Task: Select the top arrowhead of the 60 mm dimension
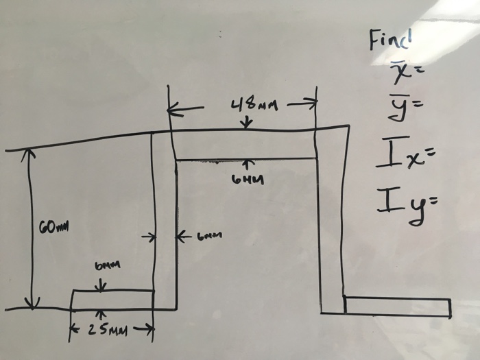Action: (28, 155)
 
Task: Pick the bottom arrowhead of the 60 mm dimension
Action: (32, 303)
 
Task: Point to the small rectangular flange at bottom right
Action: (398, 307)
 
